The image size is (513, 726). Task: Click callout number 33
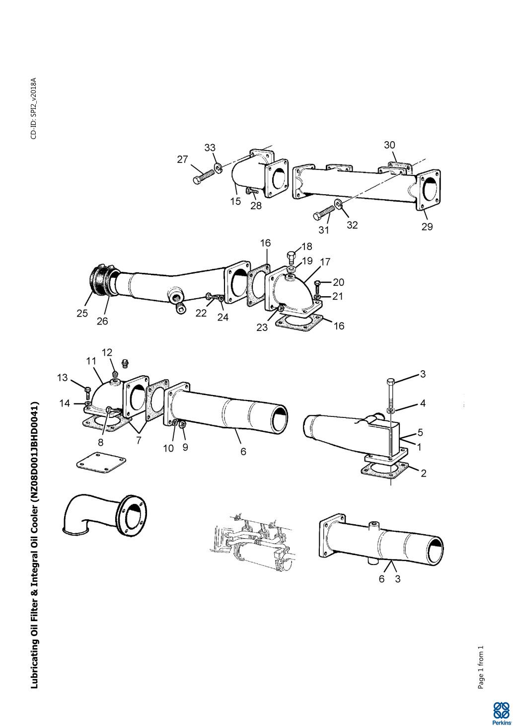(210, 148)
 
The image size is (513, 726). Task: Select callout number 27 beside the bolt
(183, 159)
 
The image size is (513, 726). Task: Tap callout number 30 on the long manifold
(390, 145)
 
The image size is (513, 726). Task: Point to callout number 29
(427, 227)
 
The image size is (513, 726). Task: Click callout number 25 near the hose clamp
(82, 313)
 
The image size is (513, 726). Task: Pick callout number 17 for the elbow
(325, 261)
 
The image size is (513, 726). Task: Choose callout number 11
(91, 361)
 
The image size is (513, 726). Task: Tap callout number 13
(63, 378)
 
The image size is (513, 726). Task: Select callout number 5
(420, 432)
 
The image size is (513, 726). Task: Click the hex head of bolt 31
(318, 216)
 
